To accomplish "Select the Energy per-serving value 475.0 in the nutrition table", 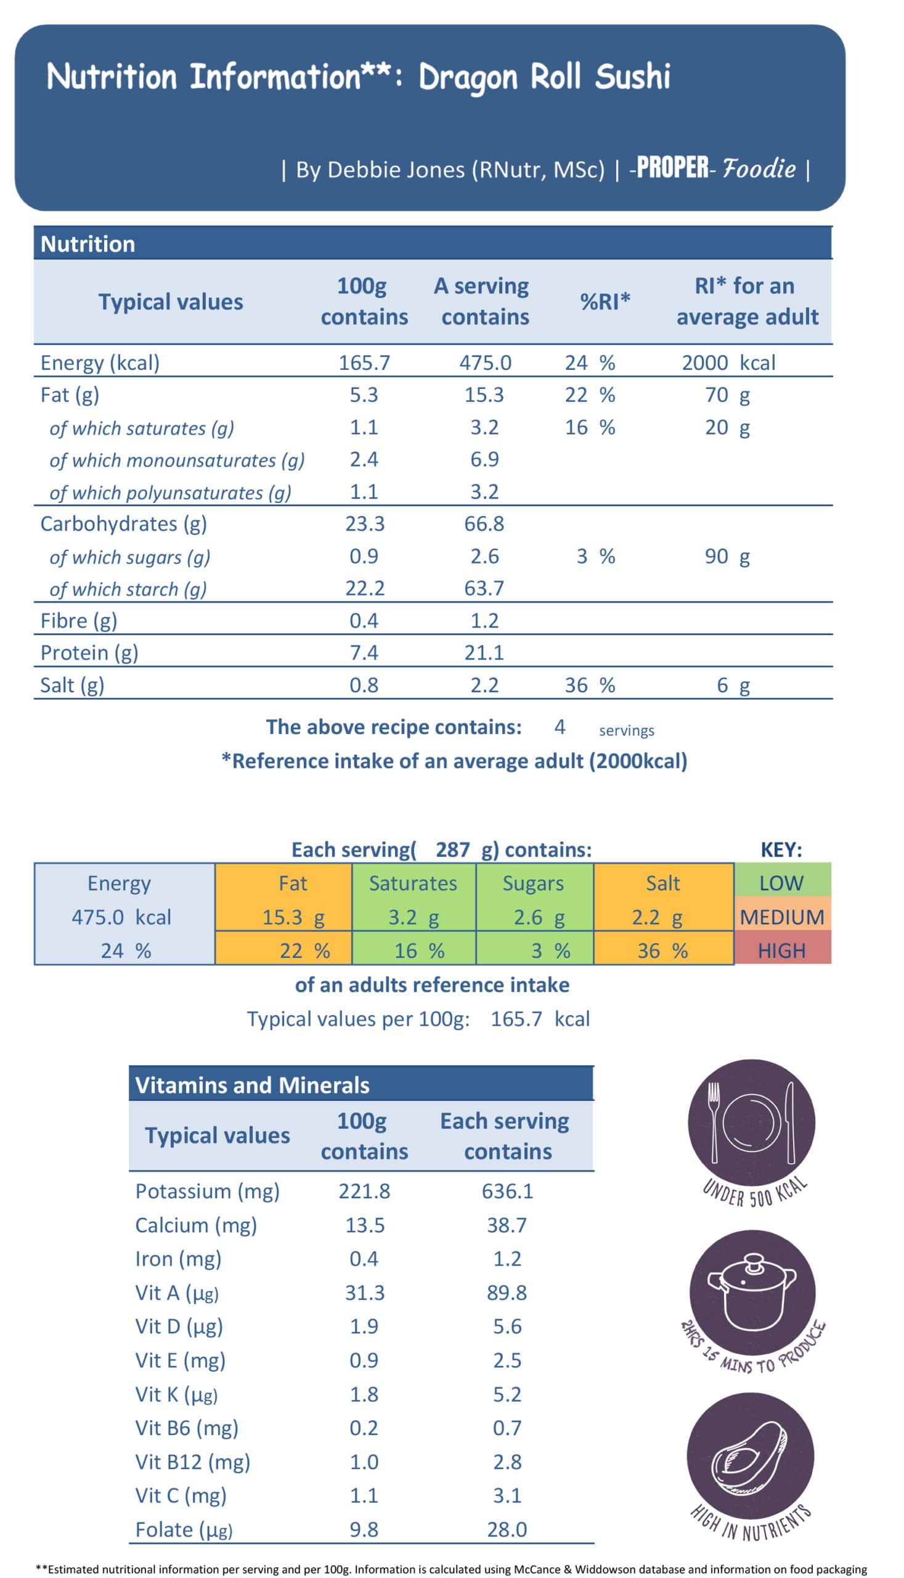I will (x=485, y=362).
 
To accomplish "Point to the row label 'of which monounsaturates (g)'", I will (x=177, y=460).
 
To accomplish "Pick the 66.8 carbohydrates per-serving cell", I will (x=484, y=524).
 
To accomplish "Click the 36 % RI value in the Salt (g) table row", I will (x=589, y=685).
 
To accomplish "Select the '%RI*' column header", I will (x=605, y=302).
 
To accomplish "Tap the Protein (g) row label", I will (x=89, y=653).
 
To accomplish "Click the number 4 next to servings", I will (x=560, y=727).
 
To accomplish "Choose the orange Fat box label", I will (x=293, y=883).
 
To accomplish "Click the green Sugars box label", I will (x=532, y=883).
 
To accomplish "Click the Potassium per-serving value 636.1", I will (x=507, y=1191).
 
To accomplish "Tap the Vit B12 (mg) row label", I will (x=192, y=1462).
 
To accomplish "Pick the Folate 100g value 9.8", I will (x=364, y=1529).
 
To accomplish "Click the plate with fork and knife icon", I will (x=751, y=1122).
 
